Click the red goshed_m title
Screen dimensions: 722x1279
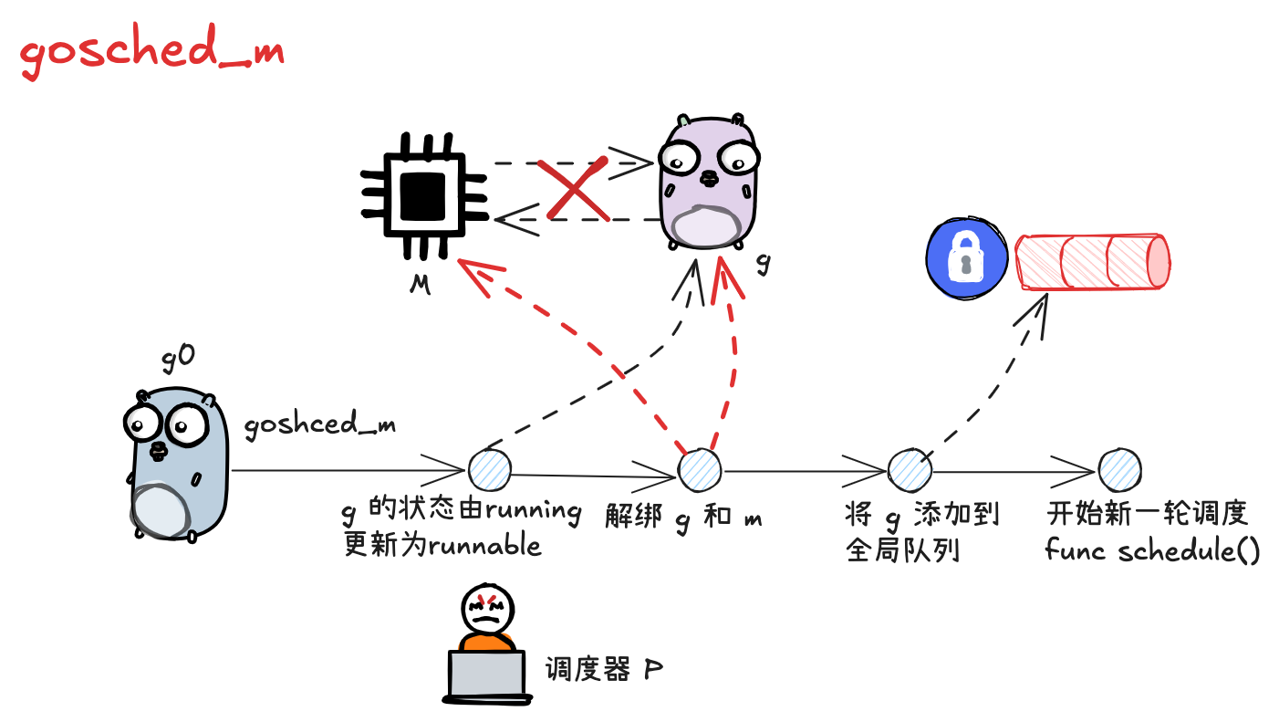(x=151, y=54)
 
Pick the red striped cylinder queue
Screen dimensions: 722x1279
(x=1093, y=261)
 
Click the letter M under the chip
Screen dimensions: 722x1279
(x=420, y=285)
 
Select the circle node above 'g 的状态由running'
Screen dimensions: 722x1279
(x=490, y=470)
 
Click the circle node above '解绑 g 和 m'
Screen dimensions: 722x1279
(x=700, y=469)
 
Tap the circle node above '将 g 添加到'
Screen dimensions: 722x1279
(x=910, y=469)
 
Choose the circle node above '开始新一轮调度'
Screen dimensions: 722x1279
(x=1119, y=469)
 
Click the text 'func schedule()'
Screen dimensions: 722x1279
(x=1152, y=550)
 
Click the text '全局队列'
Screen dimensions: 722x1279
(x=903, y=551)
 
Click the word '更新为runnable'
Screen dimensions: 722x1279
(x=442, y=545)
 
